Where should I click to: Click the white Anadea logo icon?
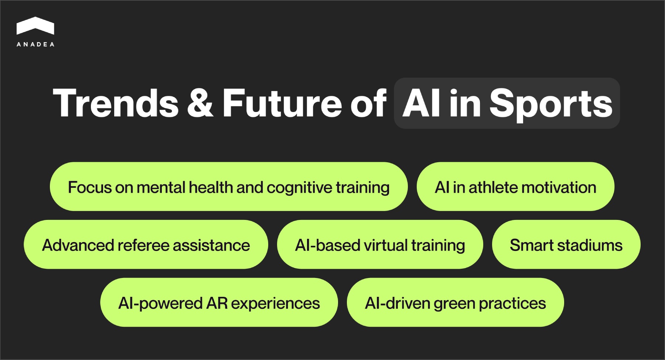(x=35, y=26)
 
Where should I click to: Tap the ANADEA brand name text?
(x=35, y=44)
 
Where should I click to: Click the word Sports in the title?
(x=550, y=104)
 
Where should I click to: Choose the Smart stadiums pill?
(x=566, y=245)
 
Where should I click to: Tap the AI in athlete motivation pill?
(x=515, y=187)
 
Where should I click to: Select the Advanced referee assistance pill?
(x=146, y=245)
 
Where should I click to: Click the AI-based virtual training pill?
(x=380, y=245)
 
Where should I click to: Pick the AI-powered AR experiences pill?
(x=219, y=303)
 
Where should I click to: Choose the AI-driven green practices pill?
(x=455, y=303)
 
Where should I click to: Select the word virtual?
(x=386, y=245)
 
